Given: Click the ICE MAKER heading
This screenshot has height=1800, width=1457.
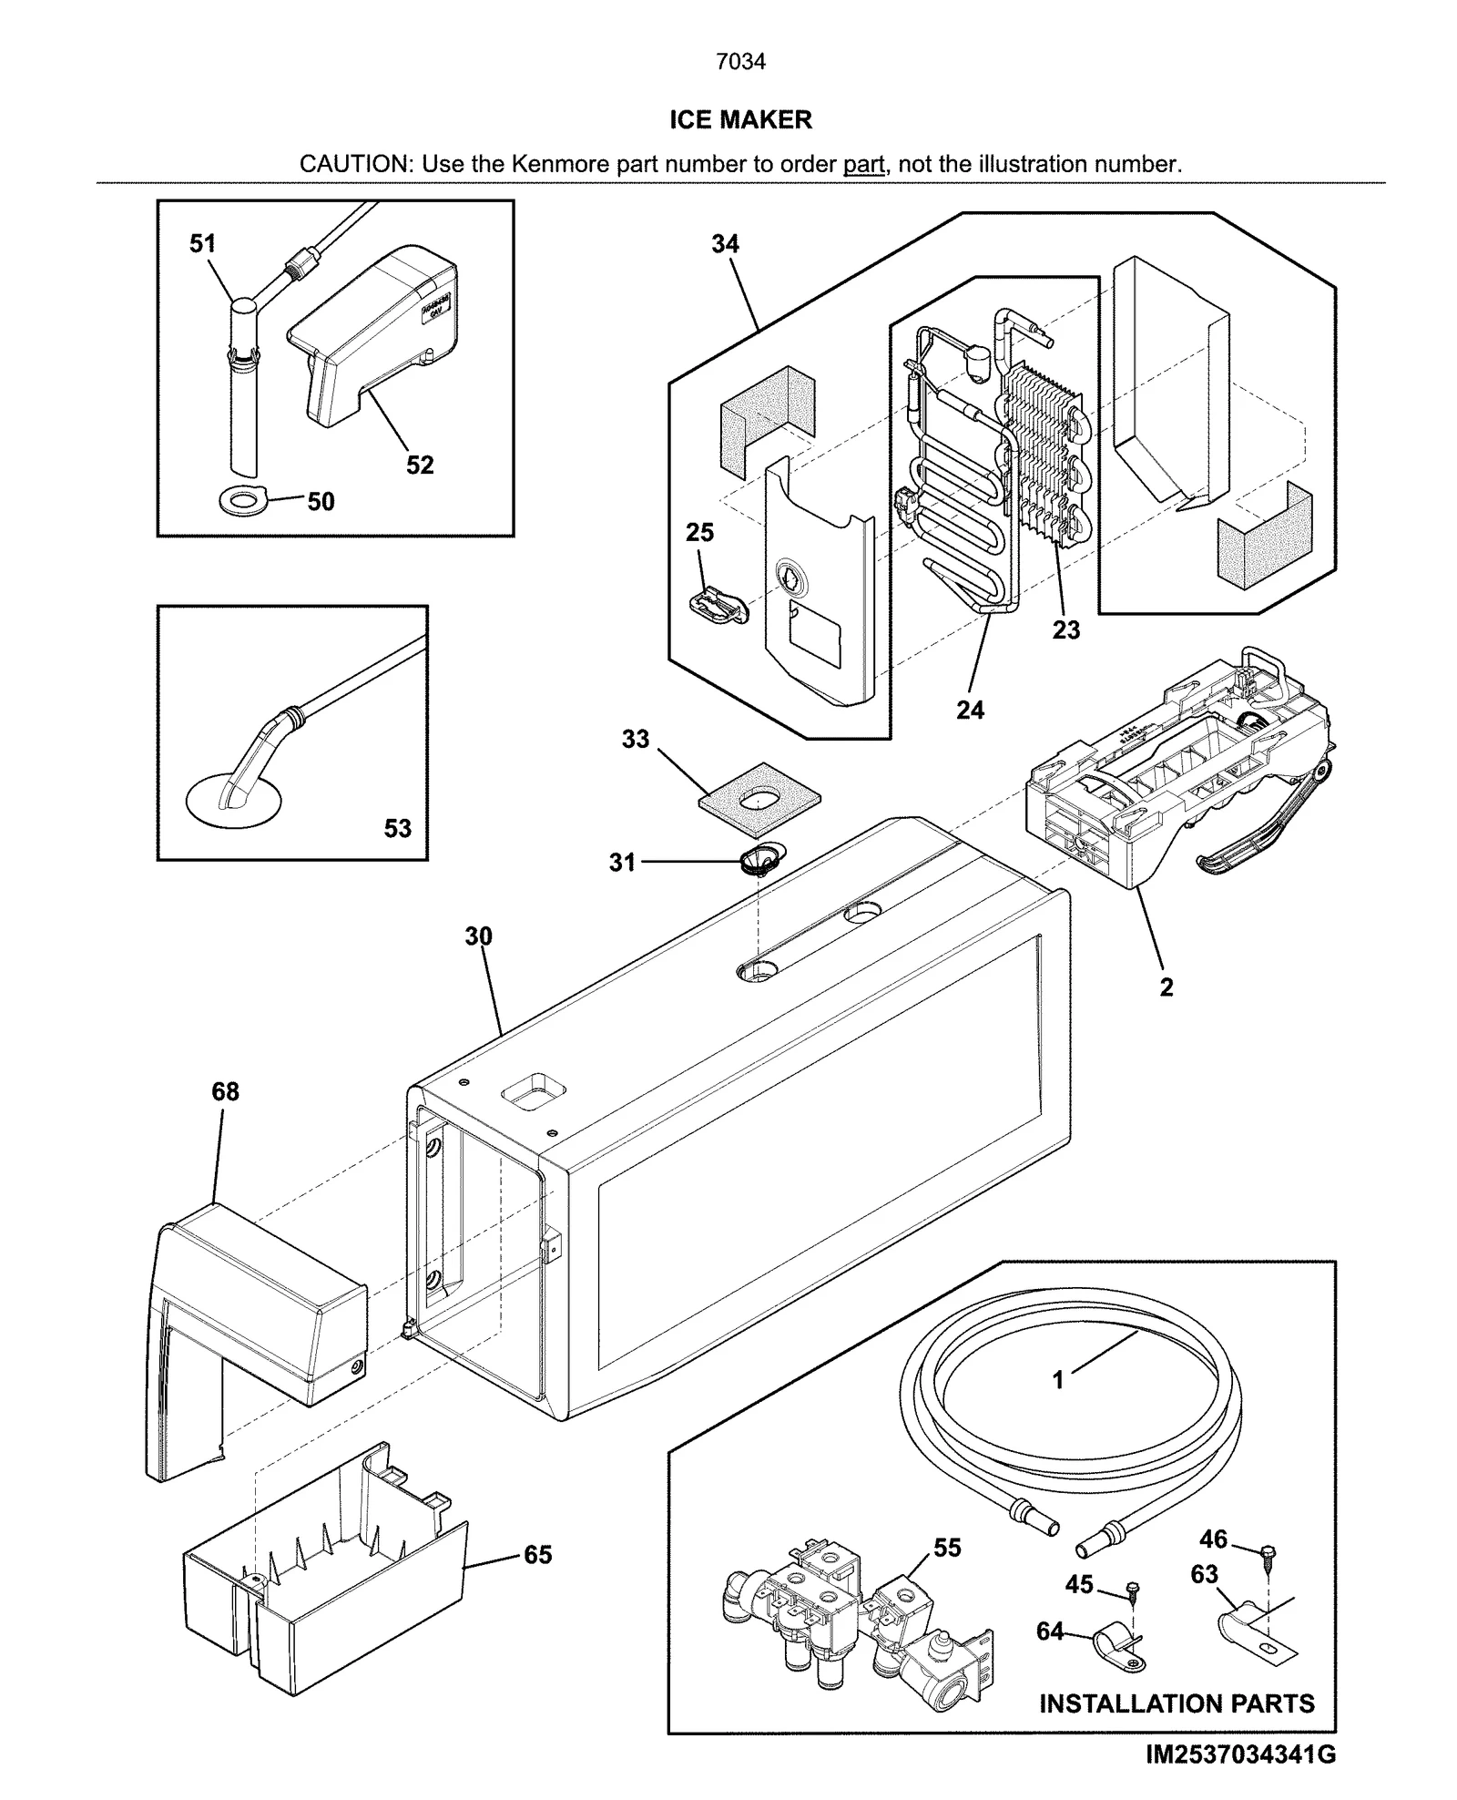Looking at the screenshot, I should (739, 120).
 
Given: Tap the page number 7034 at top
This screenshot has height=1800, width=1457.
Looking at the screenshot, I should (739, 61).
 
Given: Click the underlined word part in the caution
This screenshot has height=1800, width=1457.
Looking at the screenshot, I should (863, 165).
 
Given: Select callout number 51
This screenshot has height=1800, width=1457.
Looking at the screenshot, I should (202, 243).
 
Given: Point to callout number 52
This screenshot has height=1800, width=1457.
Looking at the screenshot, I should (419, 465).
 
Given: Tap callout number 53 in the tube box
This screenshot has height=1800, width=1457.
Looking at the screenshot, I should (397, 828).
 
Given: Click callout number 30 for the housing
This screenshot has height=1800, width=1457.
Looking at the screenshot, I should (478, 936).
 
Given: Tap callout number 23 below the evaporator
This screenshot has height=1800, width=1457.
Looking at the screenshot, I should (1065, 629).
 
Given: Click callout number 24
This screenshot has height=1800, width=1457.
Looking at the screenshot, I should (970, 710).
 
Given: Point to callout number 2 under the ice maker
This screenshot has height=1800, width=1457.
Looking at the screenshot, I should (1167, 987).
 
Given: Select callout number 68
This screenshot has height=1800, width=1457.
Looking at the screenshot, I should (225, 1090).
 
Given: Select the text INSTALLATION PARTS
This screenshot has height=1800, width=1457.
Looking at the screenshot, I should (1177, 1703).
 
